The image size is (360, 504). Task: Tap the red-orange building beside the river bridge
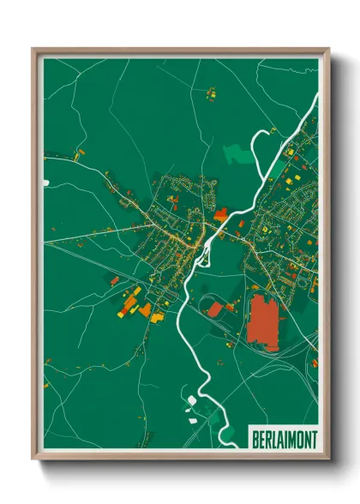[221, 214]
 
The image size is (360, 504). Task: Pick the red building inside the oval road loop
[215, 308]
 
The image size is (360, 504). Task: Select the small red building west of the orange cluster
[114, 280]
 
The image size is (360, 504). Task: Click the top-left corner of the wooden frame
[33, 50]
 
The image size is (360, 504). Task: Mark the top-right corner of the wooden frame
[328, 50]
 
